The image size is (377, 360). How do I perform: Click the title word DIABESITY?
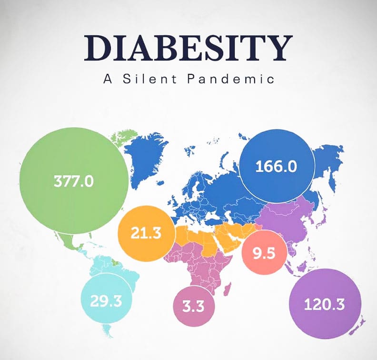pos(188,48)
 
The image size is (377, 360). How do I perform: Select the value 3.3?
pos(193,306)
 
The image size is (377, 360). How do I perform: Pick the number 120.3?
pos(324,304)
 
